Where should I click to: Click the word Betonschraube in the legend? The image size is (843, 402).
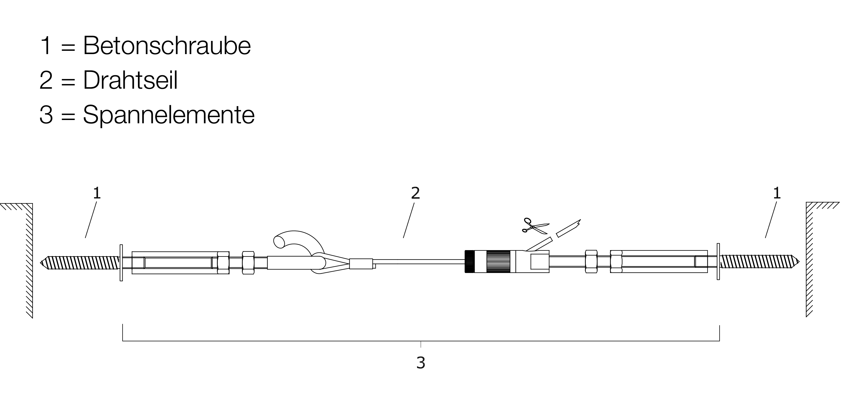click(x=167, y=46)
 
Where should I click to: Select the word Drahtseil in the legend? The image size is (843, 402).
click(x=130, y=80)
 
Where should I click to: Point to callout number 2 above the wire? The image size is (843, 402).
click(x=415, y=193)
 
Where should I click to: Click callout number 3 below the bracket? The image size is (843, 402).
click(x=421, y=363)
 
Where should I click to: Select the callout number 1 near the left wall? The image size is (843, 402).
click(x=97, y=193)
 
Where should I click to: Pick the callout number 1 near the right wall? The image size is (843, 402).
click(x=777, y=193)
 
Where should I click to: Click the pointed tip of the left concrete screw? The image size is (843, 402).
click(x=40, y=263)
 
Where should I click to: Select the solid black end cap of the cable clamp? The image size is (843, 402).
click(x=469, y=261)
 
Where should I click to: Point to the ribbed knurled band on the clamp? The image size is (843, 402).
click(x=498, y=261)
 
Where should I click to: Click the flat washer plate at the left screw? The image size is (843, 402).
click(x=121, y=263)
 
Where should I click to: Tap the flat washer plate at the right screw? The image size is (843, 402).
click(x=718, y=261)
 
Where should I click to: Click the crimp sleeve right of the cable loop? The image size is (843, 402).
click(x=361, y=264)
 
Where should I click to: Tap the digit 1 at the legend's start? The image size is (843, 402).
click(x=46, y=46)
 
